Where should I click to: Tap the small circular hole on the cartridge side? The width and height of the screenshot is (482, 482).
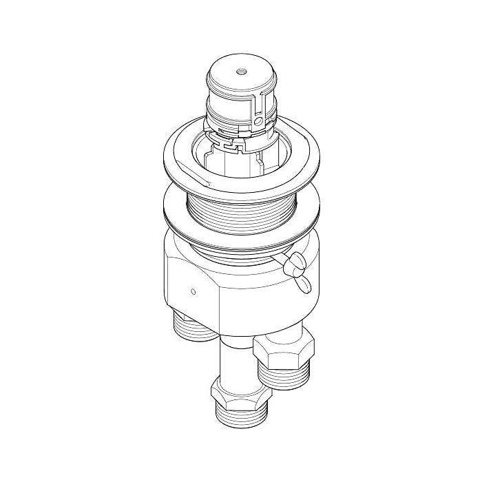click(258, 122)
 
